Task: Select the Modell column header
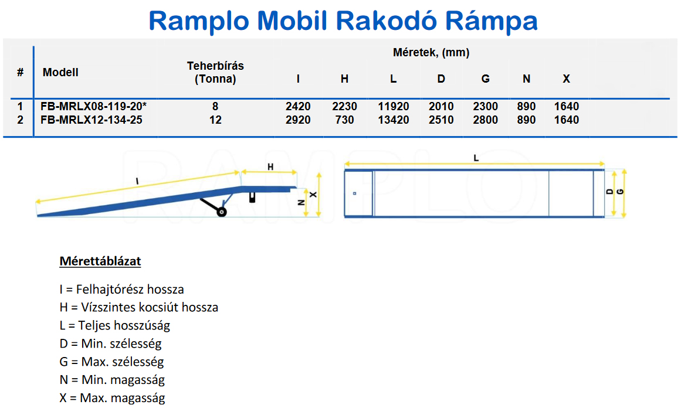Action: [60, 72]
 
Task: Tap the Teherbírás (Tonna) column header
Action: [215, 72]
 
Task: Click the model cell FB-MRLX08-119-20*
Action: [93, 106]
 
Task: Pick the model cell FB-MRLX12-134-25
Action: [91, 120]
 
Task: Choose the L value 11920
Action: [394, 106]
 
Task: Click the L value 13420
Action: [394, 120]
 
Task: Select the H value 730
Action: [344, 120]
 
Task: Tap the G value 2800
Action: [486, 120]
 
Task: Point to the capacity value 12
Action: [215, 120]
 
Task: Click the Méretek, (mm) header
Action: [431, 53]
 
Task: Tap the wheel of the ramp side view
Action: [222, 212]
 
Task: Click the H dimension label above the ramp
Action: [270, 166]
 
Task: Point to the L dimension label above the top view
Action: [476, 158]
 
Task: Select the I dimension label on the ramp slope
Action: [137, 181]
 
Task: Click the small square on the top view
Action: [354, 193]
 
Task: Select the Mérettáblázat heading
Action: [100, 261]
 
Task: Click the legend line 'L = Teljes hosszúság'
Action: [114, 325]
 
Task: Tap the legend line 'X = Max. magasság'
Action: [112, 397]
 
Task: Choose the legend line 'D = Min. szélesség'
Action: [110, 344]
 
